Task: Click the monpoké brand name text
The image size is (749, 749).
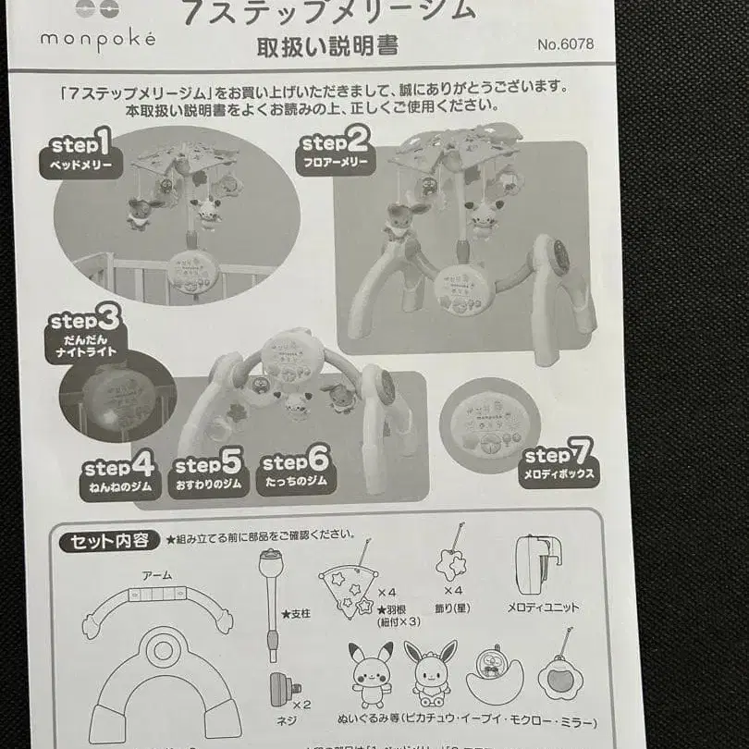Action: pos(97,40)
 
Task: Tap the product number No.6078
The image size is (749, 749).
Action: pos(564,43)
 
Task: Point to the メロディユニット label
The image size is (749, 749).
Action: pos(543,608)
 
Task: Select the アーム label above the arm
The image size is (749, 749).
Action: pos(156,575)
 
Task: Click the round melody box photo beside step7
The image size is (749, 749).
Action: pos(489,424)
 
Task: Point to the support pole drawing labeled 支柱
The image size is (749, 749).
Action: pos(271,601)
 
